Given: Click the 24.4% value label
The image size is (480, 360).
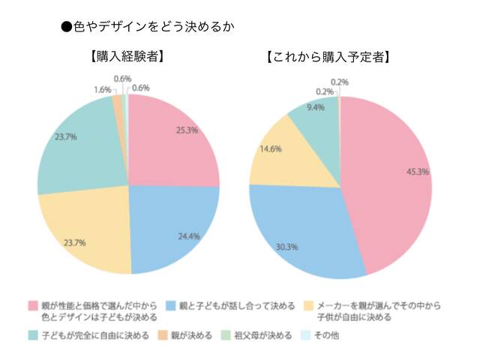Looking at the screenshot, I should point(189,237).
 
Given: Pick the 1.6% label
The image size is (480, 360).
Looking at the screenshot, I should point(103,90).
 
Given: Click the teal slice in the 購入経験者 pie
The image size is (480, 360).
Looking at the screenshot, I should point(75,142).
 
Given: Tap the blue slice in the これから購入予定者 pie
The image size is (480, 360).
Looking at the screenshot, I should point(300,232).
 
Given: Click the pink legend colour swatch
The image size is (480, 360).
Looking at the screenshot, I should point(32,307).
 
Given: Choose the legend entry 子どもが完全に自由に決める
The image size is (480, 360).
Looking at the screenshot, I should point(95,334).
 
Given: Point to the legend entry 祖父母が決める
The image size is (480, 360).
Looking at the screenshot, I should point(262,334).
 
